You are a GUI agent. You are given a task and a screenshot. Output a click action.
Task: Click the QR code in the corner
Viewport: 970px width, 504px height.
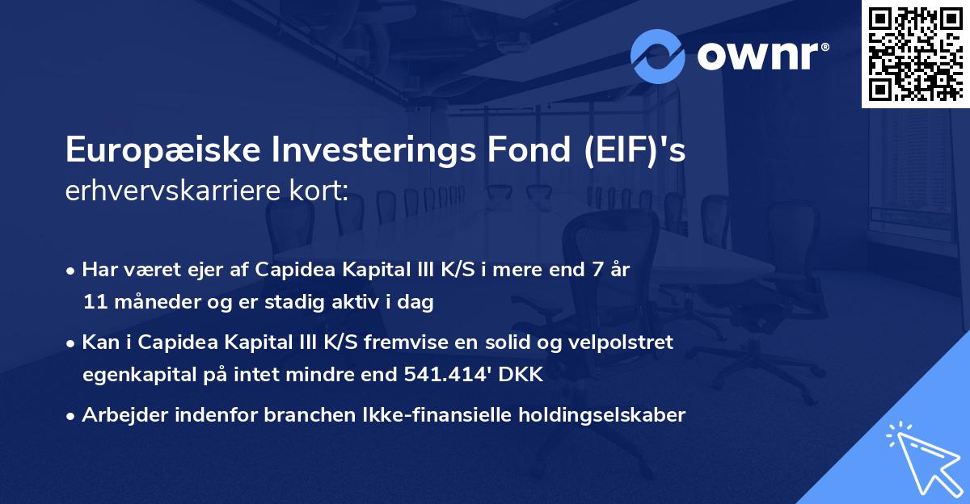pos(915,53)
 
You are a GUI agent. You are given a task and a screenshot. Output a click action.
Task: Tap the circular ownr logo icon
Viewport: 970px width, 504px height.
pos(658,56)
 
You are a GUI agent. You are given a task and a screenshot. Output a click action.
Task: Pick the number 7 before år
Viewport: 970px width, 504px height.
pos(599,271)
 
